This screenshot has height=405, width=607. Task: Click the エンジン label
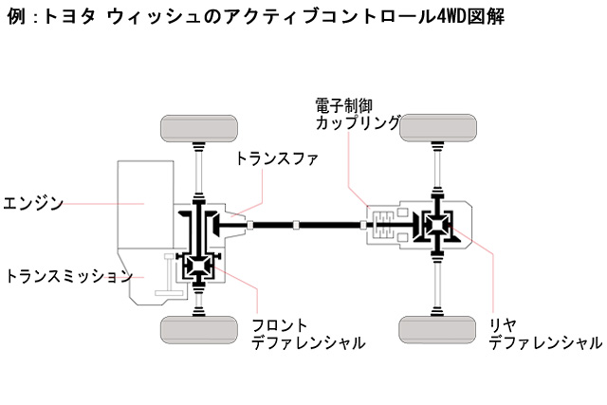pyautogui.click(x=32, y=203)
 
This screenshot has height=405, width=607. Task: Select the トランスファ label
pyautogui.click(x=277, y=158)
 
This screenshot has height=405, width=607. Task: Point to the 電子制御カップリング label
pyautogui.click(x=358, y=114)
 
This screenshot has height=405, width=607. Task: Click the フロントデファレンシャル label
pyautogui.click(x=308, y=334)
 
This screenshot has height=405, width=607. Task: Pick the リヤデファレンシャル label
pyautogui.click(x=545, y=334)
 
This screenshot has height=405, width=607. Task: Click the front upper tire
pyautogui.click(x=199, y=129)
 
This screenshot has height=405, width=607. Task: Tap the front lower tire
pyautogui.click(x=199, y=330)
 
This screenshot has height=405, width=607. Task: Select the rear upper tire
pyautogui.click(x=438, y=128)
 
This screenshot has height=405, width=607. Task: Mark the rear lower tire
pyautogui.click(x=437, y=330)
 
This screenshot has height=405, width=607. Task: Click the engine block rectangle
pyautogui.click(x=145, y=205)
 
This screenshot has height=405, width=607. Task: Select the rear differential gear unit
pyautogui.click(x=437, y=224)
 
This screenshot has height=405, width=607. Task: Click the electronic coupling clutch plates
pyautogui.click(x=384, y=224)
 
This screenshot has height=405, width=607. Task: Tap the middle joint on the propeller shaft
pyautogui.click(x=296, y=224)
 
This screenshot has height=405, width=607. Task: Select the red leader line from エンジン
pyautogui.click(x=103, y=203)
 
